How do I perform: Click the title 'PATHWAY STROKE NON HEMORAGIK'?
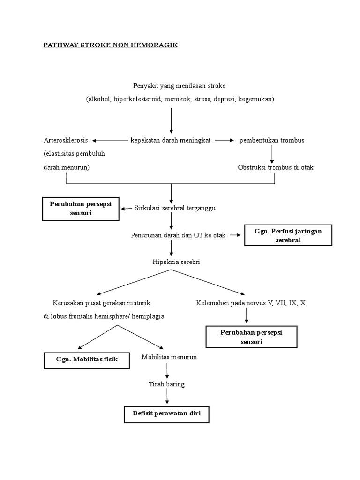pos(110,45)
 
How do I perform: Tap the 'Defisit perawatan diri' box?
pos(166,414)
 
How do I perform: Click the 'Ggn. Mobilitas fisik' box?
pos(86,360)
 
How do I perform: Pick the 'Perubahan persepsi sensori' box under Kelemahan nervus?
pos(252,337)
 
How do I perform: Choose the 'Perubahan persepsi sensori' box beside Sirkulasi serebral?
pos(81,208)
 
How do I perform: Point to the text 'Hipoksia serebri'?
pos(176,262)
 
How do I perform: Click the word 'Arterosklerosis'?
pos(66,140)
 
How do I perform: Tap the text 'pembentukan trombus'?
pos(272,140)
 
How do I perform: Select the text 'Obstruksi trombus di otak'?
pos(276,167)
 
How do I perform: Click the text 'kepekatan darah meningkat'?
pos(171,140)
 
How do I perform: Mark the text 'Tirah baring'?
pos(166,384)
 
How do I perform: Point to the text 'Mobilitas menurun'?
pos(169,357)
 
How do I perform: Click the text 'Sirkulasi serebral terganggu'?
pos(175,208)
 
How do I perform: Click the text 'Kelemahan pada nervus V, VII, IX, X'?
pos(251,303)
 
